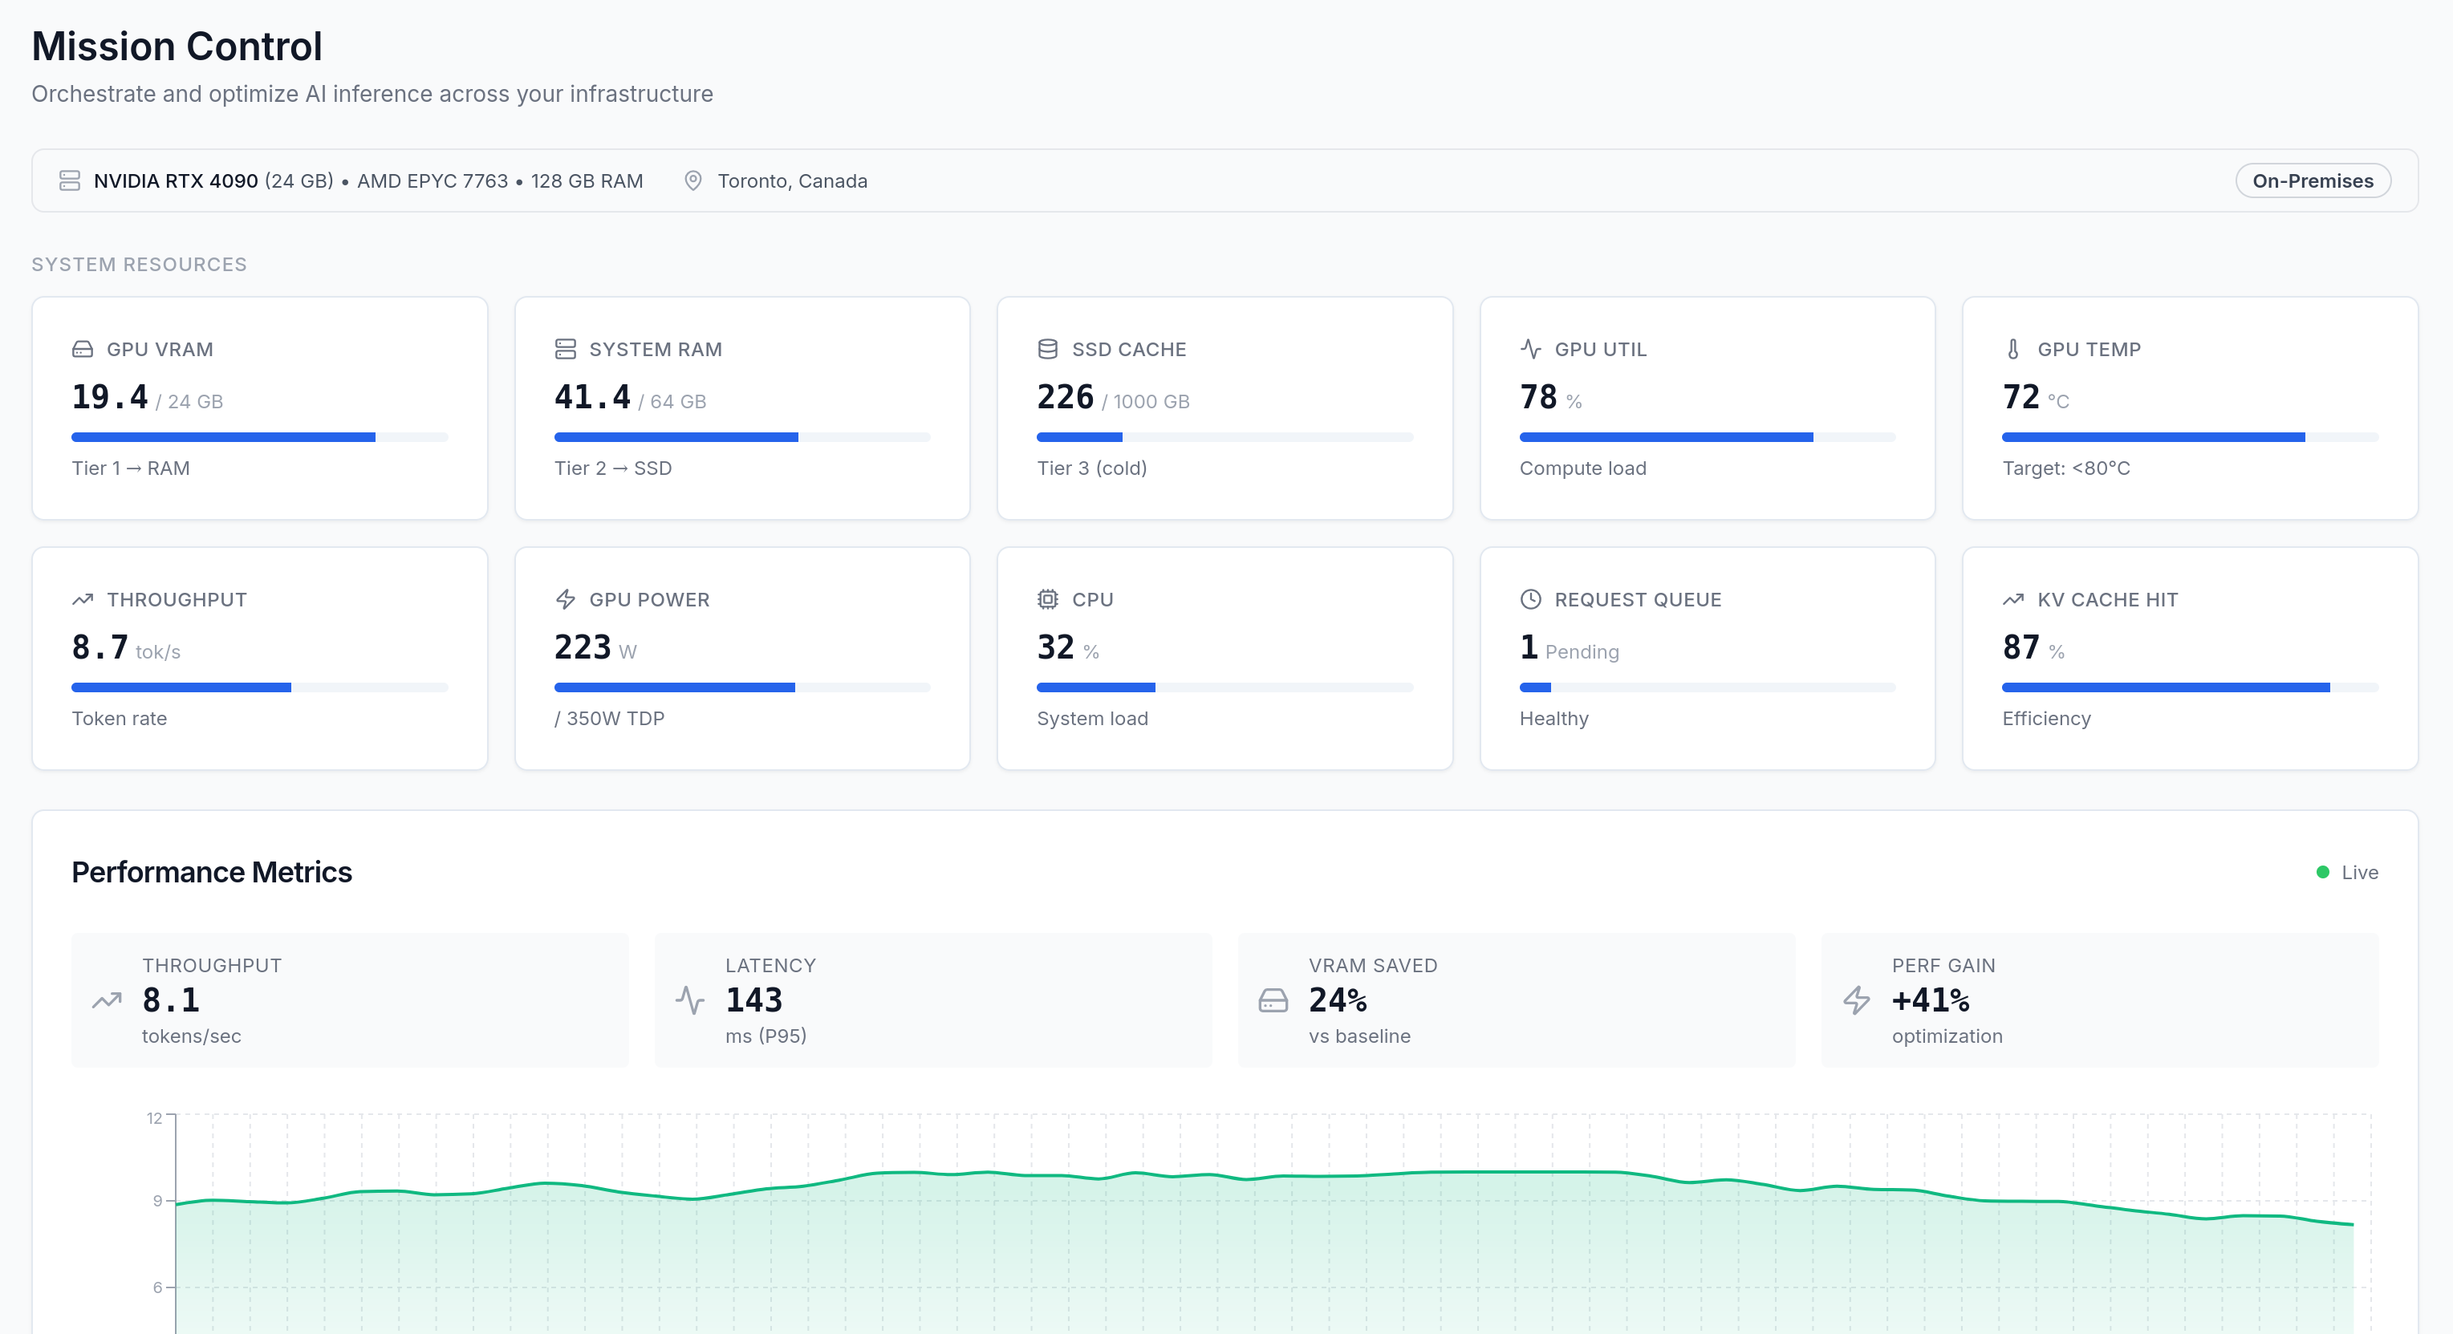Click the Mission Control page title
point(177,47)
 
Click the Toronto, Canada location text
point(791,181)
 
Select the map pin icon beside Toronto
point(692,181)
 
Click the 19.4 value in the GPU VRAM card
point(109,397)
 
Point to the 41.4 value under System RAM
point(591,397)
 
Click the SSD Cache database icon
point(1046,350)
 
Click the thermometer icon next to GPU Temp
point(2012,350)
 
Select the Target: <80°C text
point(2065,468)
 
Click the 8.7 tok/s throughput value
point(100,647)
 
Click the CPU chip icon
point(1046,600)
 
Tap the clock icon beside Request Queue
point(1529,600)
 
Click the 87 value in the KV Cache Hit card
point(2020,647)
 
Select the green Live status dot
point(2321,872)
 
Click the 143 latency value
point(753,999)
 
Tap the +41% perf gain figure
point(1929,999)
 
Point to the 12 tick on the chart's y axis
point(154,1118)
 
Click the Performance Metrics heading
point(211,872)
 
